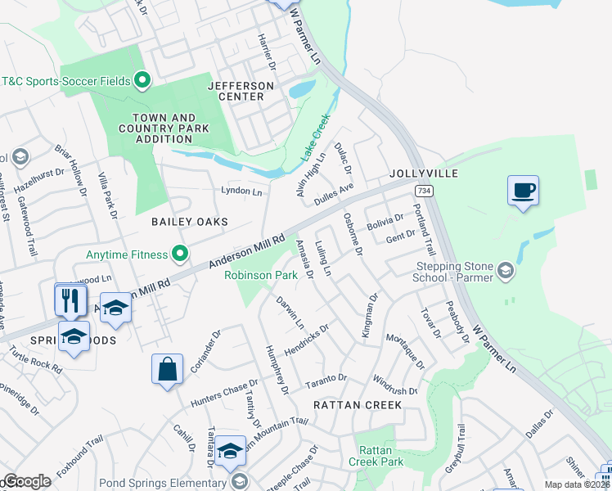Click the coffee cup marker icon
coord(523,191)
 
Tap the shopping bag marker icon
coord(167,369)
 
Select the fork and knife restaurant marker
coord(70,300)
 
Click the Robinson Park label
coord(261,276)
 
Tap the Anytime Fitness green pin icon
coord(179,255)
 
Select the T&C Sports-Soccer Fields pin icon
coord(142,80)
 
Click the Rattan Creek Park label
coord(380,457)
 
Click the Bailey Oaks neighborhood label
coord(189,222)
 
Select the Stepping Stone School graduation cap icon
coord(506,271)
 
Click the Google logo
coord(26,481)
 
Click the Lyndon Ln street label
coord(241,191)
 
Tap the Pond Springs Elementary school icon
coord(239,480)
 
